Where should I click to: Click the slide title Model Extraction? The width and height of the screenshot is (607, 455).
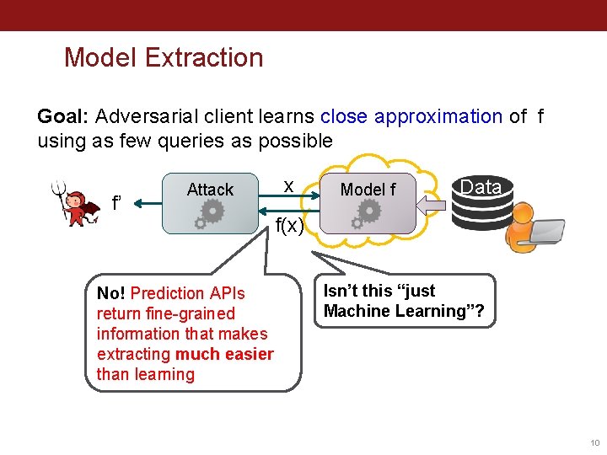click(164, 57)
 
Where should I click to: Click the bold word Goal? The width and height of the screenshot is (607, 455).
click(64, 116)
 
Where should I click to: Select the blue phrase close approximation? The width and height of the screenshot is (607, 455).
click(411, 116)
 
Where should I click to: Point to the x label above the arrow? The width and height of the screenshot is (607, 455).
click(288, 185)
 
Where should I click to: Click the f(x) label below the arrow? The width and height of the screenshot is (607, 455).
click(289, 224)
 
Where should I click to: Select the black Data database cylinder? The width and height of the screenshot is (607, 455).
click(481, 202)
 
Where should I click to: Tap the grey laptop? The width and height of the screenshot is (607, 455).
click(547, 231)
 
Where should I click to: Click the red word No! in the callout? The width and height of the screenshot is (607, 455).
click(111, 293)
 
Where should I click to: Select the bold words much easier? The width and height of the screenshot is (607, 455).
click(224, 354)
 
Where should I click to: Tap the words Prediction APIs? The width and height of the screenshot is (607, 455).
click(188, 293)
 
